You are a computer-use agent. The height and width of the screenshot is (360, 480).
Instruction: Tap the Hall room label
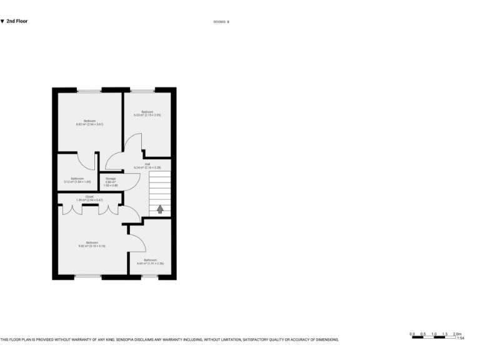147,166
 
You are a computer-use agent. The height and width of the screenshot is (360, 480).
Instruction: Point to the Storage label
111,182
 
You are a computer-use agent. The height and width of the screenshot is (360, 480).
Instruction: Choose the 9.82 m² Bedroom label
91,244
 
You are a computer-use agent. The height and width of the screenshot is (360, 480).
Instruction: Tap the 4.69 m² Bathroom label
150,261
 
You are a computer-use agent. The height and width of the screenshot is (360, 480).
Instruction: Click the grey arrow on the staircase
160,209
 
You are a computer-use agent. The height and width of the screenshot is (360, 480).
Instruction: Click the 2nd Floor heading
17,21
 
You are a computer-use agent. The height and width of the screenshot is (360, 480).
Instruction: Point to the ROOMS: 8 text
221,22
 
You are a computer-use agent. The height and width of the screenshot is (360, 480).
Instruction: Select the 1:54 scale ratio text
460,338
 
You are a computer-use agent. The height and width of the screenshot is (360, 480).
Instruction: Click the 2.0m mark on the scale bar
457,334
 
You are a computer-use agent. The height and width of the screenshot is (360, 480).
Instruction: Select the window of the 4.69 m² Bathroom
149,276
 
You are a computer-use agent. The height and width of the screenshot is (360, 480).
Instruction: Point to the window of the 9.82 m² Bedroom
87,276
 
